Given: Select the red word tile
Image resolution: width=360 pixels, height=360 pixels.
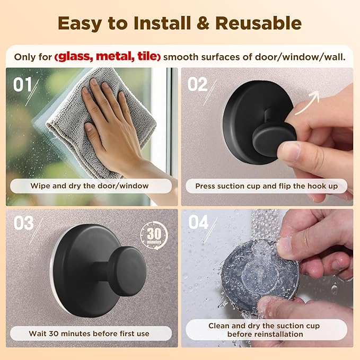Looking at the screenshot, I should click(146, 56).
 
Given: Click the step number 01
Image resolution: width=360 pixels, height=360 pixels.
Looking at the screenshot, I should click(23, 84).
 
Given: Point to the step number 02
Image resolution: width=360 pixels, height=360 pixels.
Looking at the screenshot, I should click(197, 84).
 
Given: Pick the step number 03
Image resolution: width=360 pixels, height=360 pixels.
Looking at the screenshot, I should click(23, 223).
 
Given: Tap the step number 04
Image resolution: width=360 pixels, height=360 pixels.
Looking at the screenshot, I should click(198, 222).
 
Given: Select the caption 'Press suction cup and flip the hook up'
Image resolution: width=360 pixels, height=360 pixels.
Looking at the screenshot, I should click(270, 186).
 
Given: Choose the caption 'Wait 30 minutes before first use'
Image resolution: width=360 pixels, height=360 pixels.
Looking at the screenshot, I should click(90, 333).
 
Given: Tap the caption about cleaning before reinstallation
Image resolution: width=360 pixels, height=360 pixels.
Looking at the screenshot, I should click(271, 330).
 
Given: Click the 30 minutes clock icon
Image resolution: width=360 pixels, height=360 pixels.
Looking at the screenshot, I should click(153, 235).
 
